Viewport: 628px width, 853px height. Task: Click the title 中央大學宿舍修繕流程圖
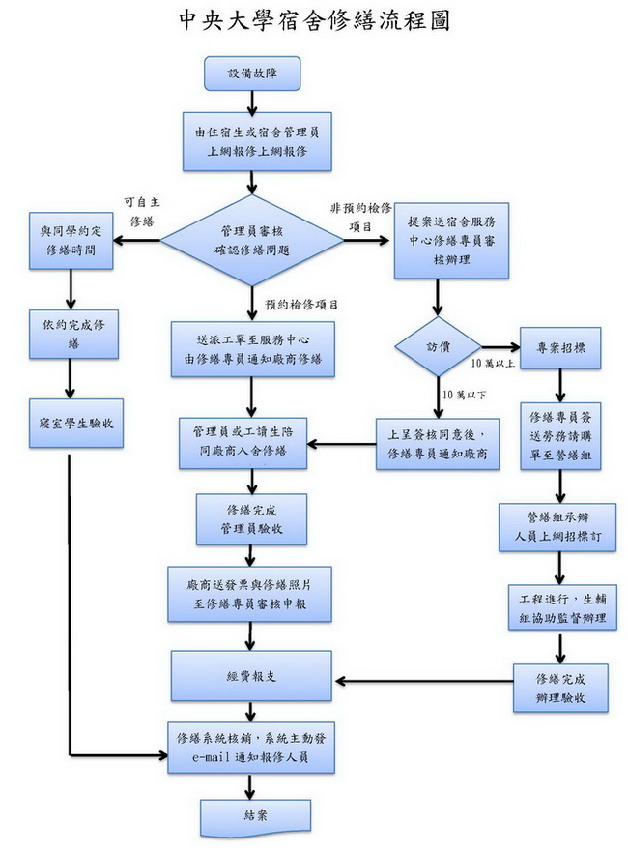(x=314, y=21)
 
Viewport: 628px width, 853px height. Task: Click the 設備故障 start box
(x=251, y=73)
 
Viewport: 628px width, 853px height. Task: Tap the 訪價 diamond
(x=438, y=346)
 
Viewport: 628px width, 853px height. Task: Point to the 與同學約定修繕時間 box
(x=71, y=240)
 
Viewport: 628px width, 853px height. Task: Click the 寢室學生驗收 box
(x=76, y=422)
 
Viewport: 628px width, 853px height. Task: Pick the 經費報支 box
(x=251, y=675)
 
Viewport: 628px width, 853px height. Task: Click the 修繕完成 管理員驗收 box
(x=251, y=518)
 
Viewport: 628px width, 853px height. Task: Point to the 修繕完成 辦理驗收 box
(x=561, y=687)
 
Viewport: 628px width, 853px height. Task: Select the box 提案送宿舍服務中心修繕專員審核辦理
(x=451, y=241)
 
